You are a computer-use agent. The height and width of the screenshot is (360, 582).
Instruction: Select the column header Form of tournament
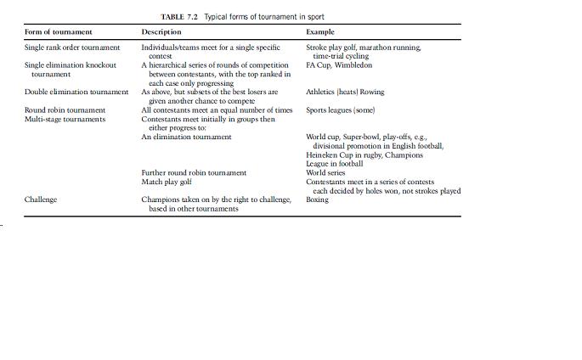pos(59,32)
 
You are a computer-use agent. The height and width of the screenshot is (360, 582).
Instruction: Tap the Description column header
pos(161,32)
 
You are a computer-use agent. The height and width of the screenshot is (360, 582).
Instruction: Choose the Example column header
pos(320,32)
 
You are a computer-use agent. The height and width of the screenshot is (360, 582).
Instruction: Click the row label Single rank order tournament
pos(72,48)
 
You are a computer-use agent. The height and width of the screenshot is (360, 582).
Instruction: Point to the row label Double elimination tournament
pos(76,92)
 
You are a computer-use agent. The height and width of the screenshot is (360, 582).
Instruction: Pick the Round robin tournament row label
pos(65,110)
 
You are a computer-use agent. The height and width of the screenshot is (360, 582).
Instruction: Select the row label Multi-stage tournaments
pos(65,119)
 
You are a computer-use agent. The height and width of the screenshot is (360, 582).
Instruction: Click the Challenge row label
pos(41,200)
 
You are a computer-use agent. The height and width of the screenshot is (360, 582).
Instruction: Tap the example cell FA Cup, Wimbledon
pos(339,65)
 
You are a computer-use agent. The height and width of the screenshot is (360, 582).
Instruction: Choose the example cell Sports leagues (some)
pos(341,110)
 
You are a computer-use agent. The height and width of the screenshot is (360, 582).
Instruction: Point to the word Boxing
pos(317,200)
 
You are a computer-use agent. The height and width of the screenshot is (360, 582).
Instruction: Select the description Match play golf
pos(167,182)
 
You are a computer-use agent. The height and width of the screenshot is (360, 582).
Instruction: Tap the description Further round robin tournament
pos(194,172)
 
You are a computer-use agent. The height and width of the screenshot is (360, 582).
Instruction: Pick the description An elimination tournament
pos(186,137)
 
